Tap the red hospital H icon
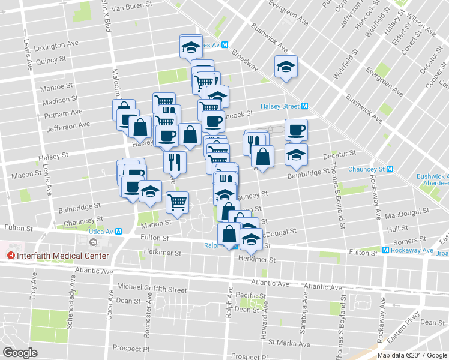[10, 256]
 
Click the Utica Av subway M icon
[119, 231]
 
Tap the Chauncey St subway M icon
[390, 169]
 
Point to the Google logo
[20, 352]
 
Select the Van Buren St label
[133, 8]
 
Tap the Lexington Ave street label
[57, 46]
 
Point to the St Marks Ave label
[289, 344]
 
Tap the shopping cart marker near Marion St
[178, 202]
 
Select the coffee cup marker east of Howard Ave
[295, 130]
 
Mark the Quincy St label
[50, 60]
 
